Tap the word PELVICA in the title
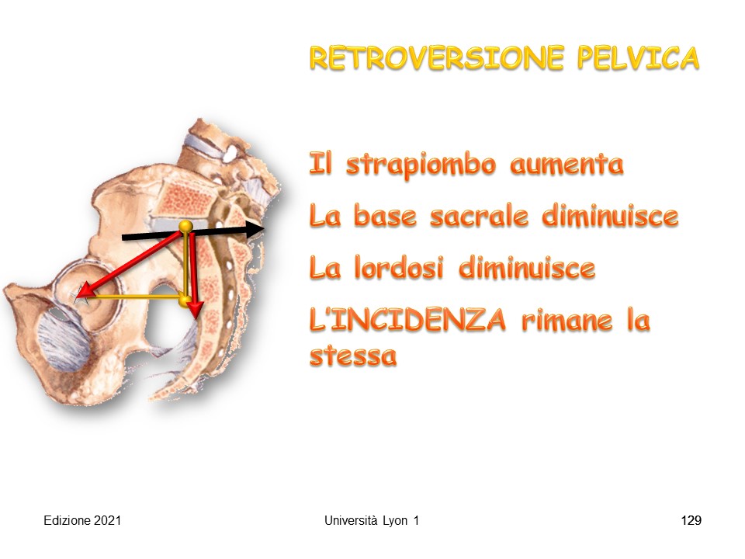point(638,58)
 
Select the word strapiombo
point(421,165)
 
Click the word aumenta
point(567,165)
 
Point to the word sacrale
point(479,217)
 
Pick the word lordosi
point(399,268)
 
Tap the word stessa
point(353,356)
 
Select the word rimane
point(567,321)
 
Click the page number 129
point(691,520)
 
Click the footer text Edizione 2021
point(82,520)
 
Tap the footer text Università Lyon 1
point(372,520)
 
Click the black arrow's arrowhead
point(255,229)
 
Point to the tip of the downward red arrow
point(195,318)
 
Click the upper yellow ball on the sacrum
point(185,226)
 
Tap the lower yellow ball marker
point(185,300)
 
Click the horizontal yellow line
point(133,297)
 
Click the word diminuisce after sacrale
point(610,217)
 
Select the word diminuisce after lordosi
point(527,268)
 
